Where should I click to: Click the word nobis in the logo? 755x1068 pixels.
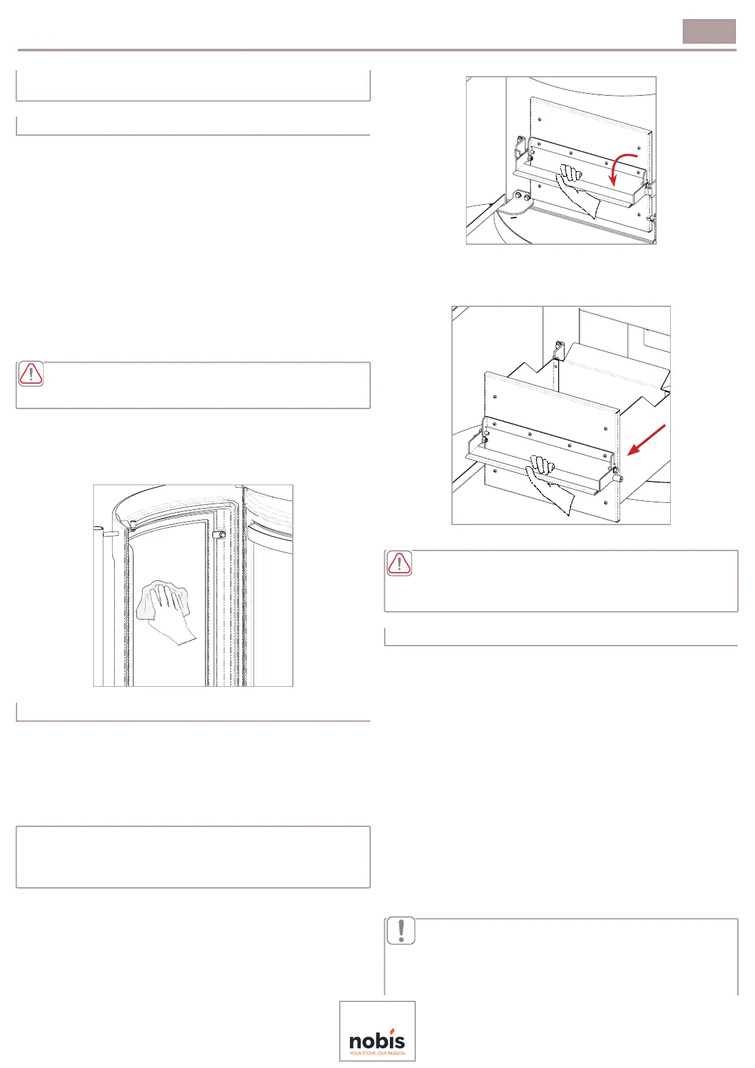[377, 1041]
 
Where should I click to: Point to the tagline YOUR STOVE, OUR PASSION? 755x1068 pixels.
[377, 1053]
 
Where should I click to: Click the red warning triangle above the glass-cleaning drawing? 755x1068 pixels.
[31, 374]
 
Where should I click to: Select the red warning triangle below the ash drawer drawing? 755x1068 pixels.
[399, 563]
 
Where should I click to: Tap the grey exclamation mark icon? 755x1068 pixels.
[401, 930]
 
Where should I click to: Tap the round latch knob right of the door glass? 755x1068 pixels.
[221, 535]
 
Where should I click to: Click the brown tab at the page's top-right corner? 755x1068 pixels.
[709, 31]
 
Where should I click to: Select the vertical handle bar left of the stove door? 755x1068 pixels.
[99, 602]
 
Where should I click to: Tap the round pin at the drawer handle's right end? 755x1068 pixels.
[619, 478]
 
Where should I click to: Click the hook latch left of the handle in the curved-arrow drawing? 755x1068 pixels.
[520, 147]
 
